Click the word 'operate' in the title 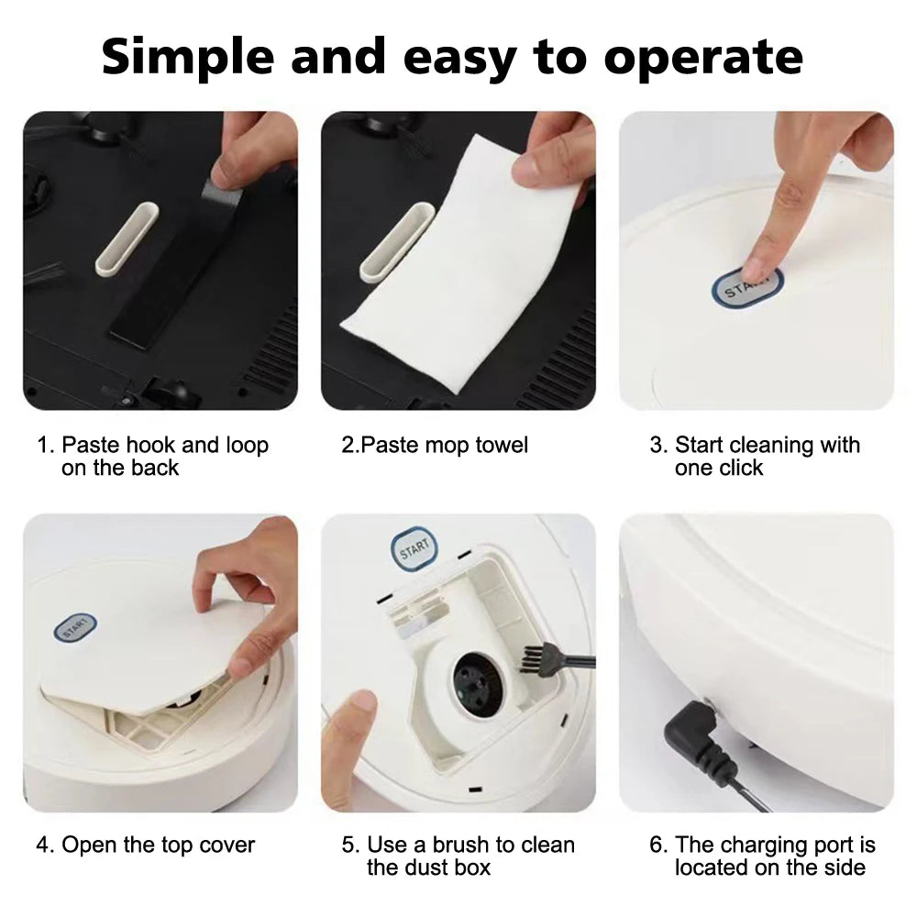point(703,57)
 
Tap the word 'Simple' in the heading point(187,57)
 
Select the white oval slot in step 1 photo point(127,238)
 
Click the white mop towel point(462,263)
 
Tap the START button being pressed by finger point(746,287)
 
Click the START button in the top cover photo point(75,627)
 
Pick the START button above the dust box point(414,549)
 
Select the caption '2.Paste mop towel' point(435,445)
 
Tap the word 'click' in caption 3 point(741,468)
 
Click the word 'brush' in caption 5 point(460,845)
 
